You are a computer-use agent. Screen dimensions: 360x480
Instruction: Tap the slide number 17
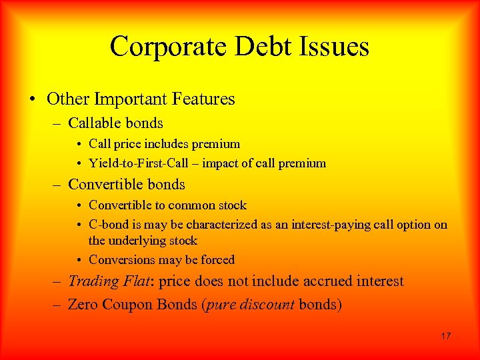click(445, 336)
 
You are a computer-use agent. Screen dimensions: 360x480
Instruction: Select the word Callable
click(93, 123)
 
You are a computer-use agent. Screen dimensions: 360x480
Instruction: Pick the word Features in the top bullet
click(205, 99)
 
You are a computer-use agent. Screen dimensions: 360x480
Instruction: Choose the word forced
click(217, 260)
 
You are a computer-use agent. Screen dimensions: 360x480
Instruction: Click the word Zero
click(83, 305)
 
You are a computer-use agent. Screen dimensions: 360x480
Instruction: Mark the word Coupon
click(127, 305)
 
